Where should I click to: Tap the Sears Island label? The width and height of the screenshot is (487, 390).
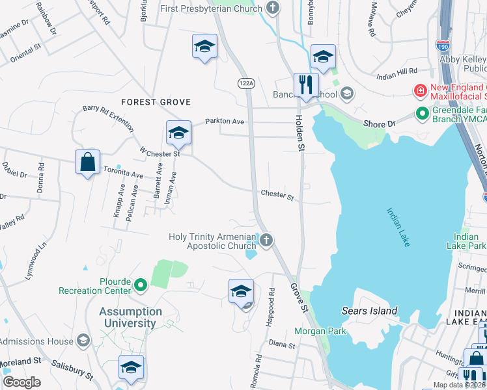370,311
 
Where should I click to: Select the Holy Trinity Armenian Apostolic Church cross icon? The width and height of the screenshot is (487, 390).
266,241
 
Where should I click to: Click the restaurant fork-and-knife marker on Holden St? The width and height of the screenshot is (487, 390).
305,84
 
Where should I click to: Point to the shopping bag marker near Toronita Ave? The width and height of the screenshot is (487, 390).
88,162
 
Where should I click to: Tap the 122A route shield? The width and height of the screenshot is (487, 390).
245,84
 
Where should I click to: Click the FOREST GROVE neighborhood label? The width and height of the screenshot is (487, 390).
156,102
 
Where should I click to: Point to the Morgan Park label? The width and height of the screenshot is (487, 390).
319,331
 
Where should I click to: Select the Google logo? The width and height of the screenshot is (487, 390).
22,382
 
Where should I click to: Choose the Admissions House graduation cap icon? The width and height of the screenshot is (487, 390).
83,340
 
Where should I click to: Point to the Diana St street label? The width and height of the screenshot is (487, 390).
282,345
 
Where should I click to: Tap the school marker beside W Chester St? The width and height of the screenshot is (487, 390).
178,133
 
